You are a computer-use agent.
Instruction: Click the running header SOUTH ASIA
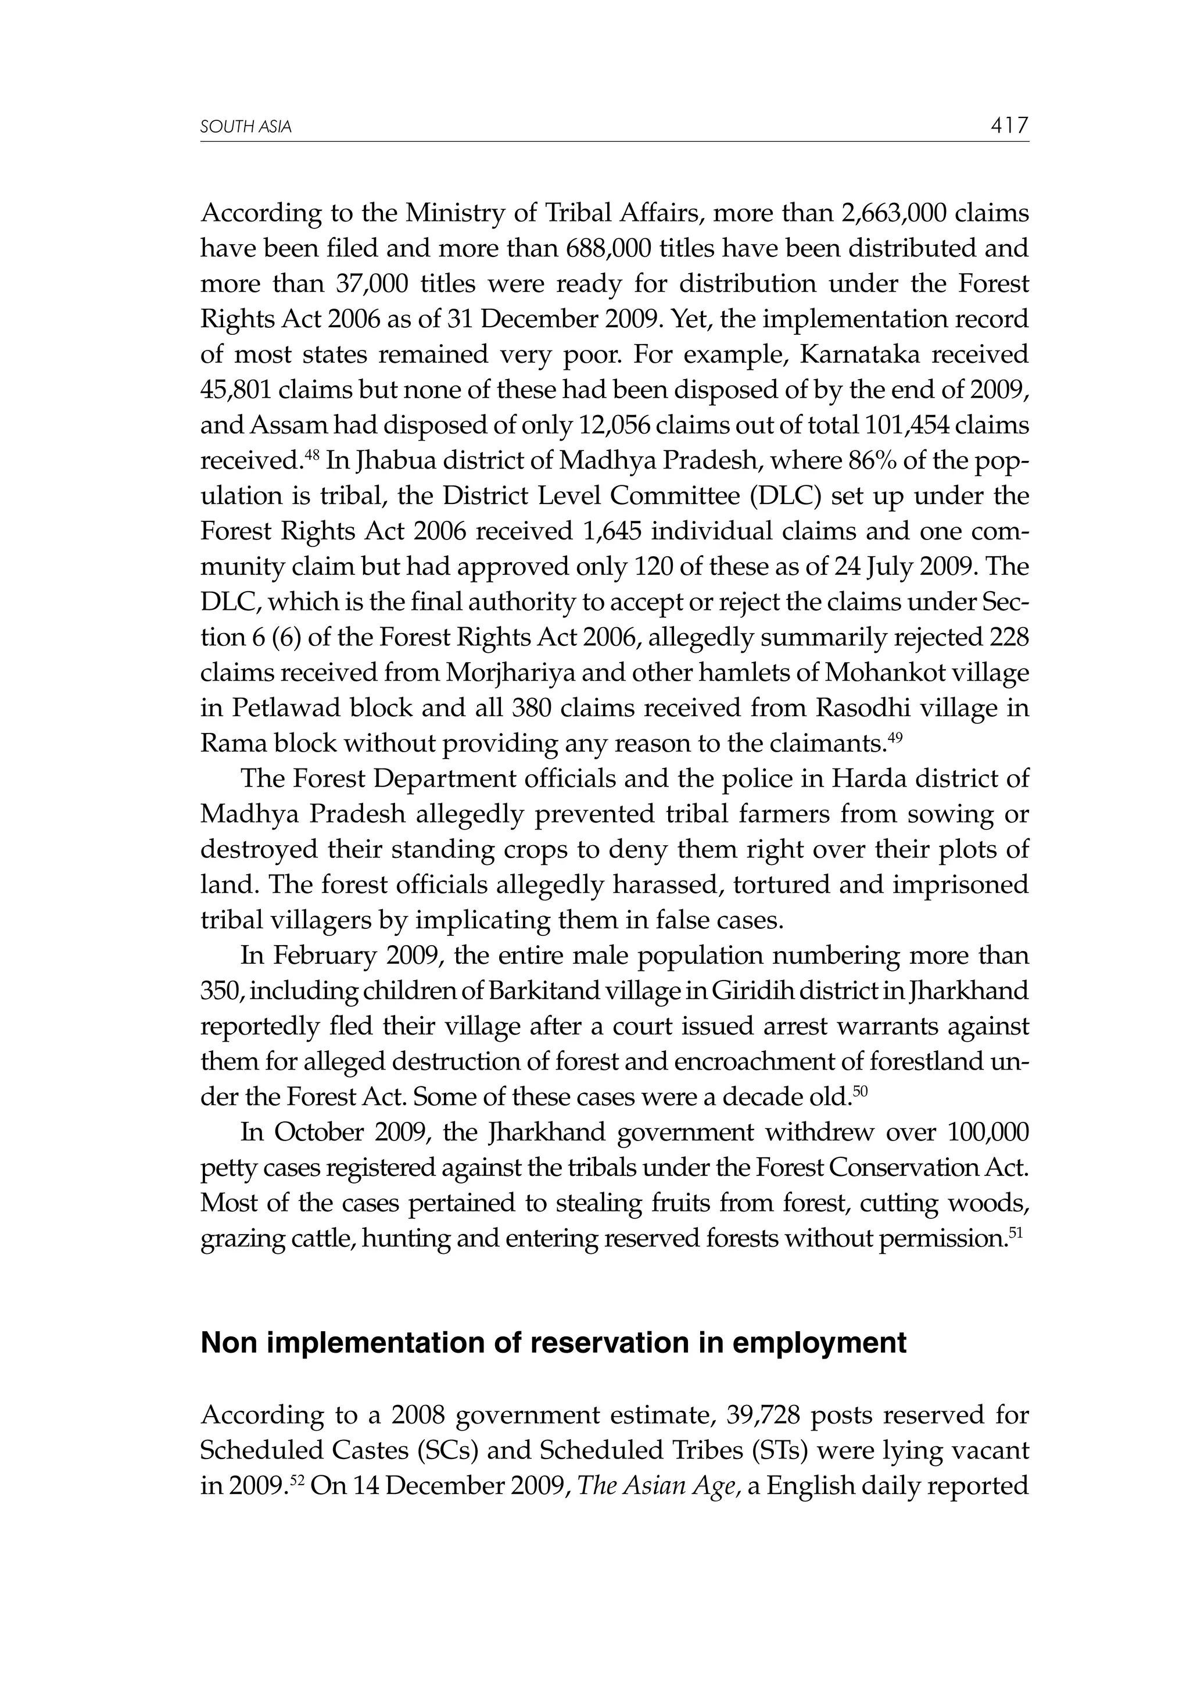pos(246,128)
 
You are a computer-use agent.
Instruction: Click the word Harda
pos(865,778)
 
